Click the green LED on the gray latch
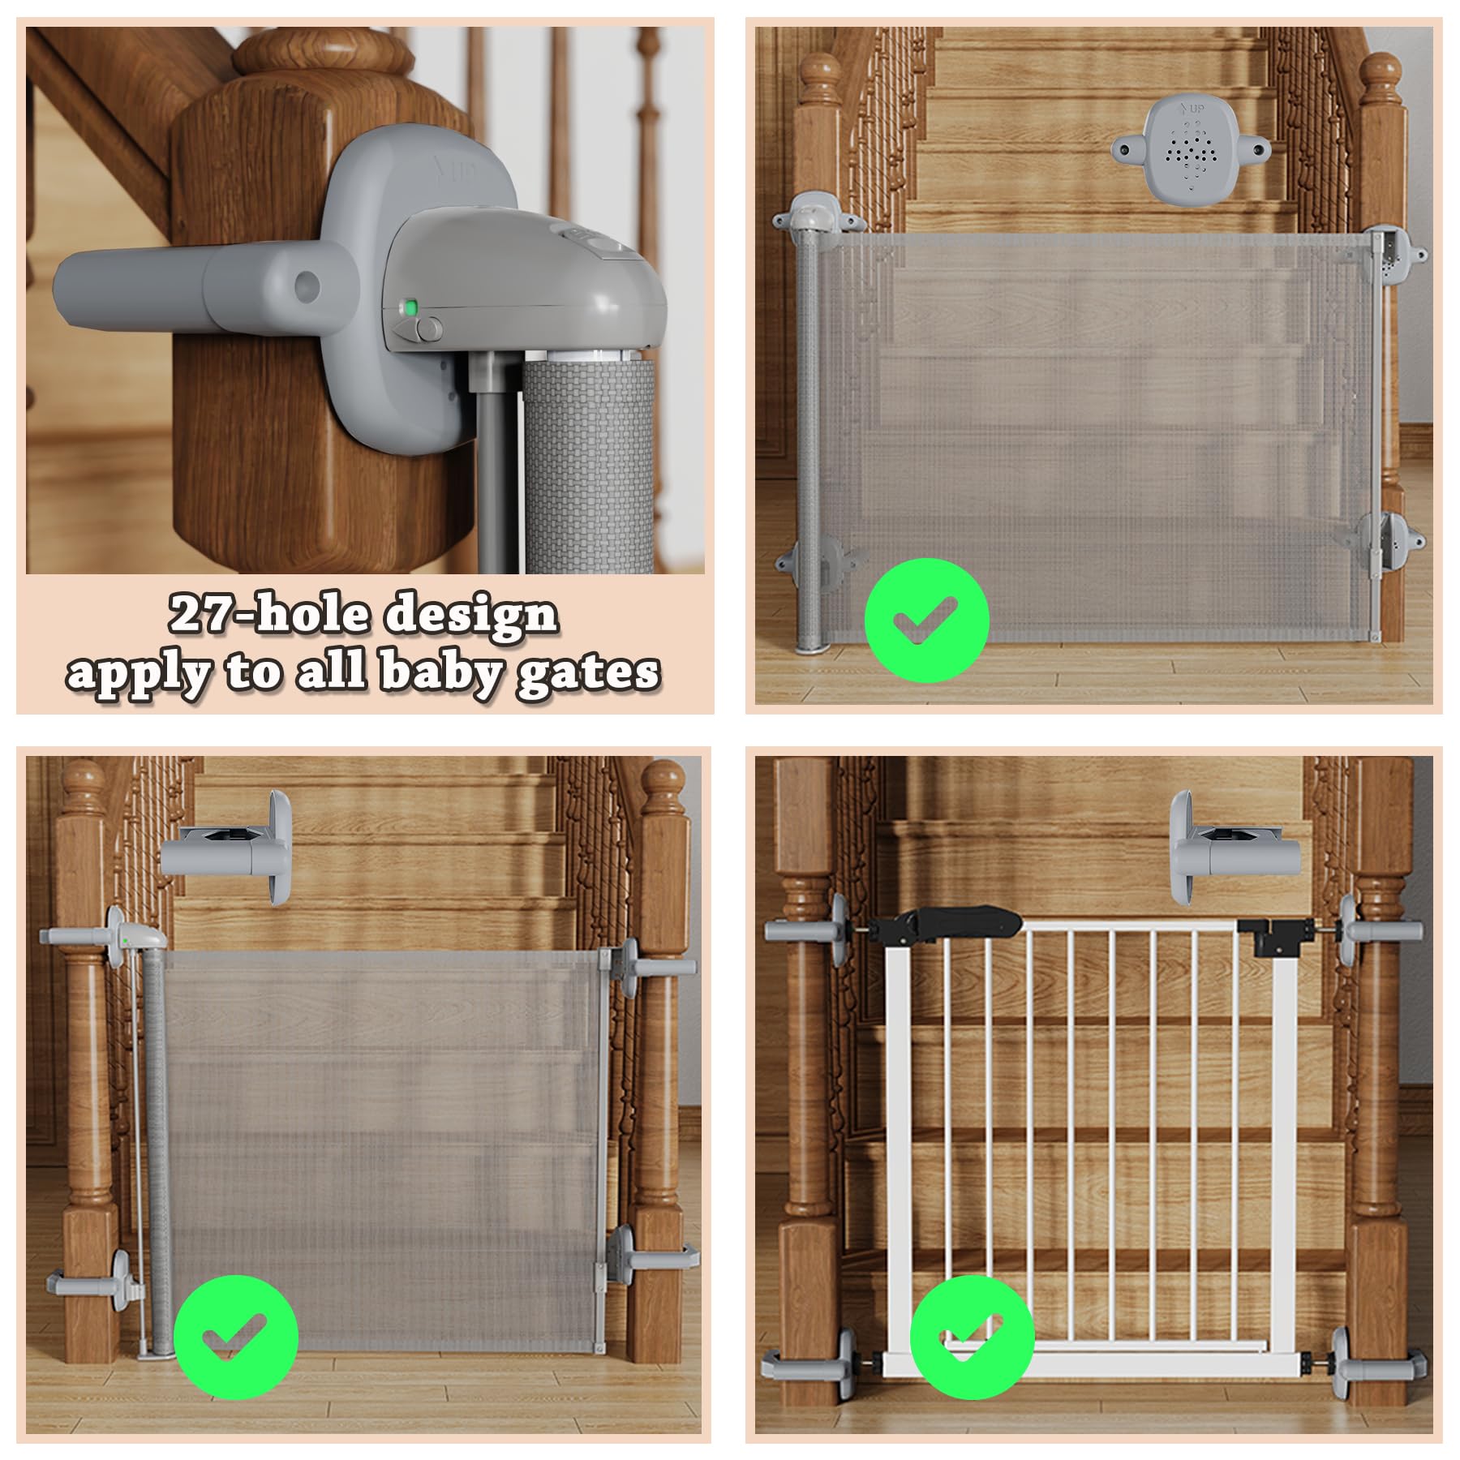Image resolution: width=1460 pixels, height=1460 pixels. (x=411, y=308)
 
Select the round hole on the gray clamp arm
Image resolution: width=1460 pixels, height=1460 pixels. (x=307, y=284)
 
